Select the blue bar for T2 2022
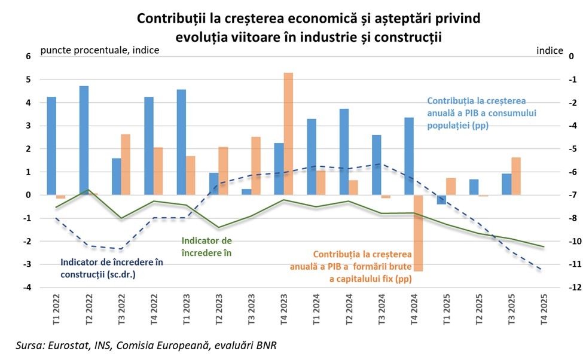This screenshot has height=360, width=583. point(84,140)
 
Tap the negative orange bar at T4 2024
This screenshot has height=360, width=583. point(418,233)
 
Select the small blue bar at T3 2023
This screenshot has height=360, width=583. point(246,191)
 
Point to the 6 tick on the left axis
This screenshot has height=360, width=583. point(27,56)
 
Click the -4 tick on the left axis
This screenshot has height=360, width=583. point(26,287)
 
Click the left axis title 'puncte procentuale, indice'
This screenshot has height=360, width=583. point(99,50)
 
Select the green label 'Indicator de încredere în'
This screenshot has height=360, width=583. point(206,246)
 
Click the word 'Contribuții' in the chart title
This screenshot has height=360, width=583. point(170,19)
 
